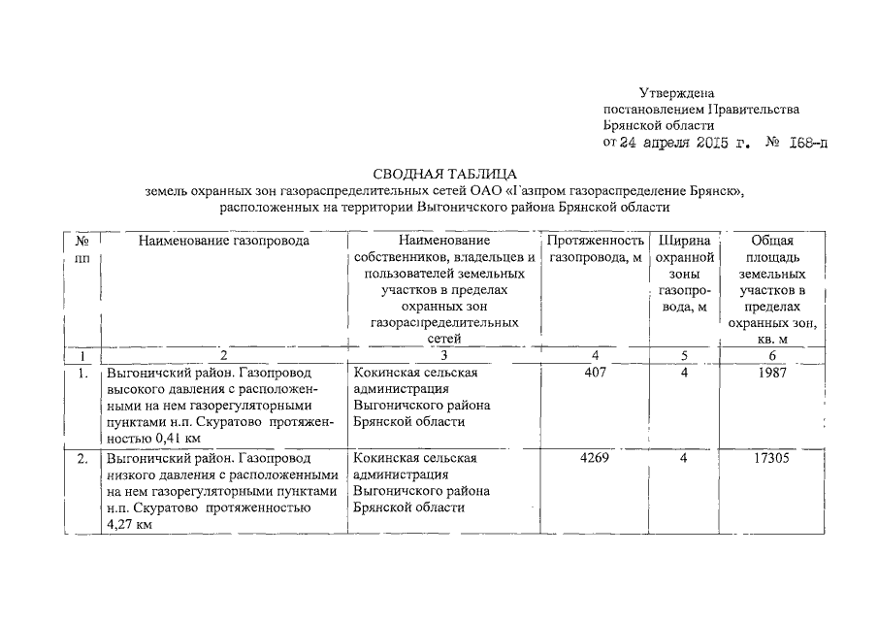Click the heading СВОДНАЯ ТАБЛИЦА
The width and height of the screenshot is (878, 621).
click(x=439, y=172)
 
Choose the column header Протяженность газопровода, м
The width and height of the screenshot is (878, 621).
click(x=595, y=249)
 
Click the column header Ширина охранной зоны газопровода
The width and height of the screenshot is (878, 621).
click(x=684, y=274)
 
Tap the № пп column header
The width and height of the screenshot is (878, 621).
click(x=82, y=249)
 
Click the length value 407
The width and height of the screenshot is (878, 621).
click(x=595, y=373)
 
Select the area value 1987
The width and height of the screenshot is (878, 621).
click(x=772, y=373)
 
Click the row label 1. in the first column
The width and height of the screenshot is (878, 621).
click(x=83, y=373)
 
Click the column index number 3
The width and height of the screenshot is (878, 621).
click(x=443, y=356)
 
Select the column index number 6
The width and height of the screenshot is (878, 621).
click(x=772, y=356)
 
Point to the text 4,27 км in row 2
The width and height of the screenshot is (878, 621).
click(x=129, y=524)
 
